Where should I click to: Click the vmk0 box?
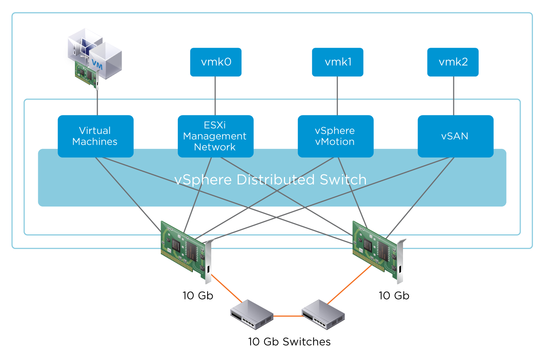tap(216, 62)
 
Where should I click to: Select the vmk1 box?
tap(338, 62)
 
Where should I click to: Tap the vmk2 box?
tap(453, 62)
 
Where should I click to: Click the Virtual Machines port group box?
tap(96, 136)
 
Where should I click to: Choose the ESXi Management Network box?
tap(216, 136)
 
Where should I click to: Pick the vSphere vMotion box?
tap(335, 136)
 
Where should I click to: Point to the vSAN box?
tap(455, 136)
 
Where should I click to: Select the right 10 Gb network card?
tap(377, 250)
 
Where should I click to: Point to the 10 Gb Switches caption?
tap(289, 342)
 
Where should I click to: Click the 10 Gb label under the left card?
tap(198, 296)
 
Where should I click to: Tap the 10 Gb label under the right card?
tap(394, 296)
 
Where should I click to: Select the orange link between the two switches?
tap(287, 316)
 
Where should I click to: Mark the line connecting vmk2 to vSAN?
tap(454, 96)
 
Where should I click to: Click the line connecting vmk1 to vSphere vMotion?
tap(337, 96)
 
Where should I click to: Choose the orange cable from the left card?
tap(226, 288)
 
